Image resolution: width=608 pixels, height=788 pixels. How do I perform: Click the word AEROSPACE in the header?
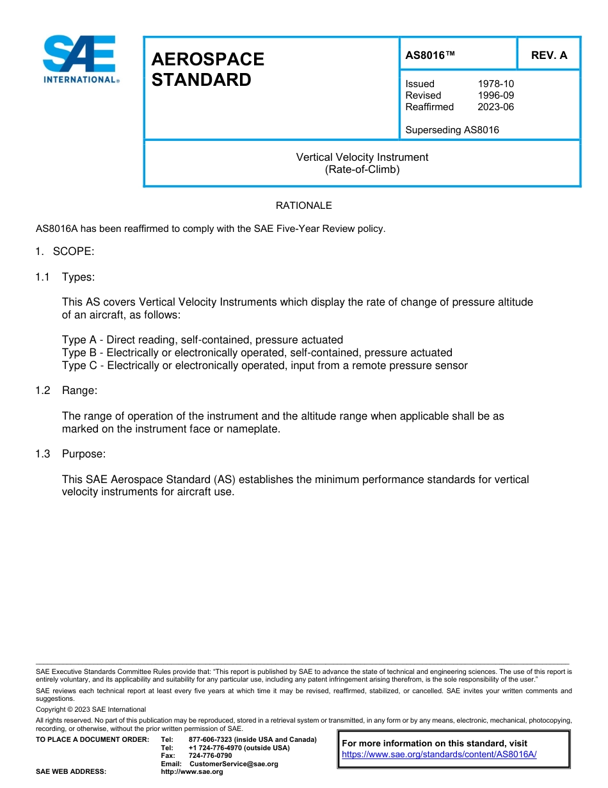(x=207, y=59)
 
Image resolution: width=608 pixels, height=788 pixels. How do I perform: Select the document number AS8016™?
(x=430, y=55)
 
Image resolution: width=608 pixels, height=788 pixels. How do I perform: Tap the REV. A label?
(x=548, y=55)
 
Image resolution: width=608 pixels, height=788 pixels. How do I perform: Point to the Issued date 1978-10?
(x=495, y=84)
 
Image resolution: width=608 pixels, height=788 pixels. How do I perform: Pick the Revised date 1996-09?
(x=495, y=95)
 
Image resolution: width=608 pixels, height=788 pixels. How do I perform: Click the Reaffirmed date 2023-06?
(x=495, y=107)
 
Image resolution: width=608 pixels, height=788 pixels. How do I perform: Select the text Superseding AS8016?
(x=452, y=130)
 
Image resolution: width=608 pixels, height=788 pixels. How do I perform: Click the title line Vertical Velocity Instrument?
(x=362, y=157)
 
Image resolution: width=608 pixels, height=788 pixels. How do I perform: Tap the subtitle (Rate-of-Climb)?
(x=362, y=170)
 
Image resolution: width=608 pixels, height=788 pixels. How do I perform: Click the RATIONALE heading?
(x=303, y=206)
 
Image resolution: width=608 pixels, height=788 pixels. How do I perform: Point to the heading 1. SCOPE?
(x=65, y=251)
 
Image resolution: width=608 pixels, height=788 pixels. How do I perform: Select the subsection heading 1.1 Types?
(x=65, y=277)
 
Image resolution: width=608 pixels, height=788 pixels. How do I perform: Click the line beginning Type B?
(x=257, y=353)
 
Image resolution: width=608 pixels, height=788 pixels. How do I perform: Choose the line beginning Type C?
(x=264, y=366)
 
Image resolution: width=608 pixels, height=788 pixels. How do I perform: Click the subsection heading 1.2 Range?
(x=67, y=391)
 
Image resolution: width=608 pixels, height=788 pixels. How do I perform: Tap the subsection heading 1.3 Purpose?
(x=70, y=454)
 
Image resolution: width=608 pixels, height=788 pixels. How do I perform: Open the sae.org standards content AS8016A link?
(x=439, y=755)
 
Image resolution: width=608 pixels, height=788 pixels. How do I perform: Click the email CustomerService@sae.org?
(x=234, y=764)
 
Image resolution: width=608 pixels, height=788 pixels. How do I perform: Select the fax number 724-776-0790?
(x=210, y=756)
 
